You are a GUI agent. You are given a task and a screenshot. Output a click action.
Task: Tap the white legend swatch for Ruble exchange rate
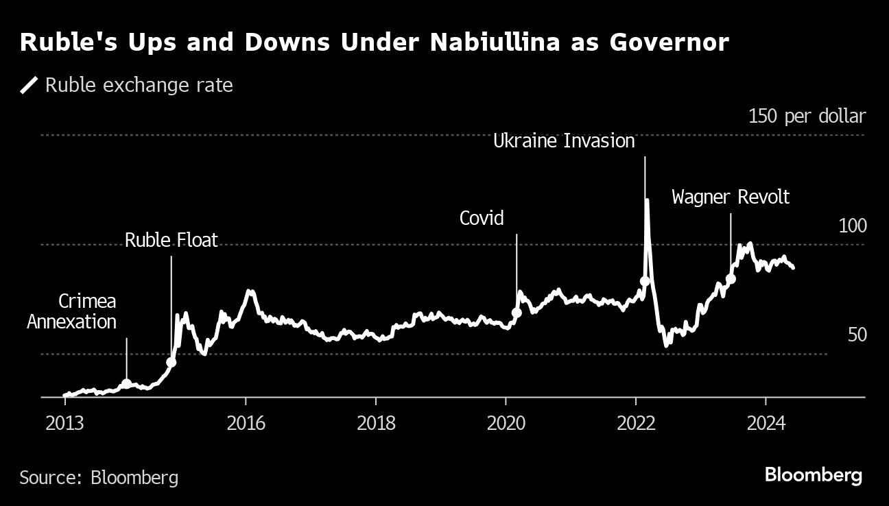coord(29,86)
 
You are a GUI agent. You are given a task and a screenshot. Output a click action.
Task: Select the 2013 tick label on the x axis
coord(64,422)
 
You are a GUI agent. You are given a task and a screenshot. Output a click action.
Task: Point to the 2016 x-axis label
coord(246,422)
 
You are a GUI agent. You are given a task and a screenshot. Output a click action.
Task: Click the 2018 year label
coord(376,422)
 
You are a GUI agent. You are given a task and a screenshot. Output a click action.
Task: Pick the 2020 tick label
coord(506,422)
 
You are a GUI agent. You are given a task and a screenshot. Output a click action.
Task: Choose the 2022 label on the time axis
coord(636,422)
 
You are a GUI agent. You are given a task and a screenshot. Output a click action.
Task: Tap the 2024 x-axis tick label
coord(765,422)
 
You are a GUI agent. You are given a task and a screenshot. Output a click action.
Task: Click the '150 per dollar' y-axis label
coord(807,117)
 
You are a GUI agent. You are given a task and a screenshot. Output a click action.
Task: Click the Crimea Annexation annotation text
coord(72,311)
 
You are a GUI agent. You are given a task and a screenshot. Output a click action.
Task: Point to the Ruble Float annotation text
coord(171,240)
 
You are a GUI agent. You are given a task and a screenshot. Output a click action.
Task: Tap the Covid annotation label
coord(482,219)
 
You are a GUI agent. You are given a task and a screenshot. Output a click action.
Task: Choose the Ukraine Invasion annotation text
coord(565,142)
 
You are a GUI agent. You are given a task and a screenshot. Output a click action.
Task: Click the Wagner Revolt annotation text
coord(731,197)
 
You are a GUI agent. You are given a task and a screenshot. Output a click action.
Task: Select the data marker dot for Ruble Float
coord(171,362)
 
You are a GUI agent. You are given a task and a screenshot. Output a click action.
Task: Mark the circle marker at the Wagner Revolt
coord(731,278)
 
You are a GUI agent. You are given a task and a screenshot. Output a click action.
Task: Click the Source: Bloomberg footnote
coord(99,477)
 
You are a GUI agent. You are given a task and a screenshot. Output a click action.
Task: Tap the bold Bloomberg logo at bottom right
coord(814,475)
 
